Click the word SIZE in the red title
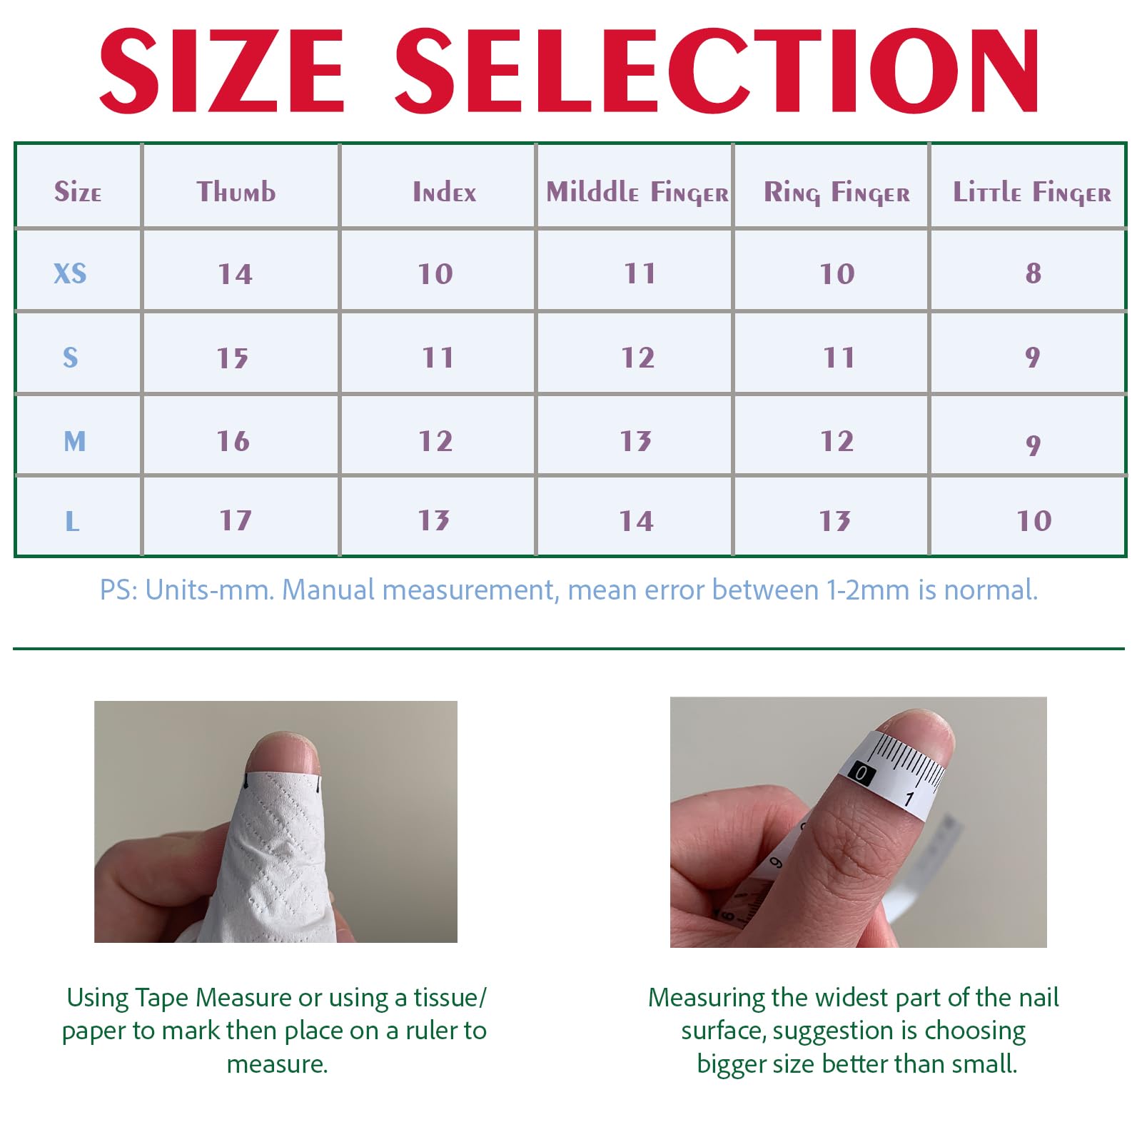point(222,71)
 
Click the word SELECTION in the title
point(717,71)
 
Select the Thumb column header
point(236,192)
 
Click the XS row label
point(70,273)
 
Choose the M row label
point(74,441)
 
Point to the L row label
point(72,521)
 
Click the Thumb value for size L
point(235,520)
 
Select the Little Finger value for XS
point(1033,273)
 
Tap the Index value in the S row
point(438,357)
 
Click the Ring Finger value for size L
point(834,520)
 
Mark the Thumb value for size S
point(233,358)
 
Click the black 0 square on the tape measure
point(861,773)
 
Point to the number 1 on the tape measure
point(909,798)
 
